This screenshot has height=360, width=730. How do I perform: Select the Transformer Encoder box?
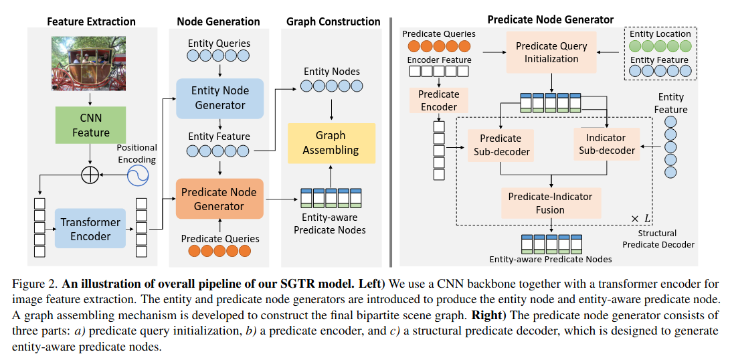[90, 229]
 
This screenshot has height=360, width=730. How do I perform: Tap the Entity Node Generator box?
[219, 98]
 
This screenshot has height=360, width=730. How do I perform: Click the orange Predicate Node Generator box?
[219, 198]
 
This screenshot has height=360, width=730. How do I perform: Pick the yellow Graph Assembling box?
[331, 143]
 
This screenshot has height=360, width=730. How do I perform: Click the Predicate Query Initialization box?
[551, 53]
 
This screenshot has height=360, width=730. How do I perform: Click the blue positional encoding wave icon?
[138, 175]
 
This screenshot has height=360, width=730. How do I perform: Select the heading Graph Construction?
[333, 21]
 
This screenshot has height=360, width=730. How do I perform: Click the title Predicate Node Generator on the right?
[550, 19]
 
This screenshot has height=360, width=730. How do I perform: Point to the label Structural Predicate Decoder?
[661, 238]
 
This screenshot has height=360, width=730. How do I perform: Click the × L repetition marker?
[641, 217]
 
